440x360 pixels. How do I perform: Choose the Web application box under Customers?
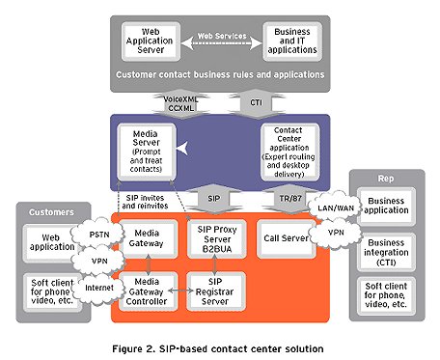46,240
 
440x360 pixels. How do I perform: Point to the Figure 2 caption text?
222,343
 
